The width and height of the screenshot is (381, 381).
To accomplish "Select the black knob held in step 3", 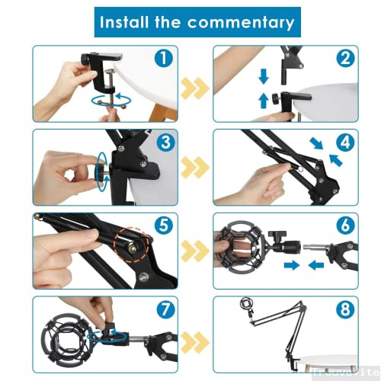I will (102, 165).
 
